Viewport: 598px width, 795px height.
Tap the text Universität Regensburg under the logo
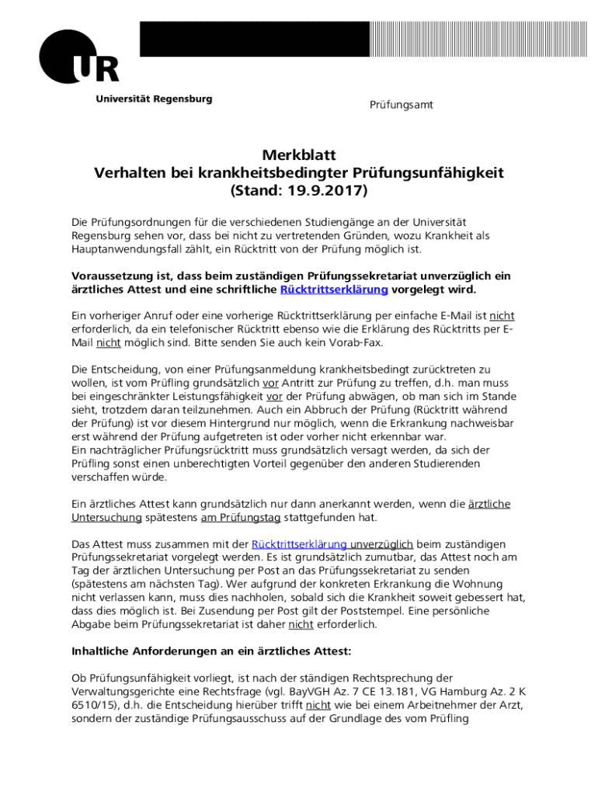coord(154,99)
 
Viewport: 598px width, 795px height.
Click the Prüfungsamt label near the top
coord(401,105)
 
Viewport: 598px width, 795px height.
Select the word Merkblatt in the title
coord(299,155)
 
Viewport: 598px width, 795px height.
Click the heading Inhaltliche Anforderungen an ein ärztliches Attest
coord(211,651)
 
